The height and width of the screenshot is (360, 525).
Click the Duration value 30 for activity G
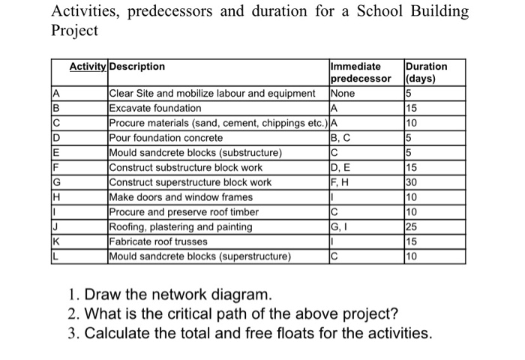click(411, 182)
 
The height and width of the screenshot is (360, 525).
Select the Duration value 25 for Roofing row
click(411, 227)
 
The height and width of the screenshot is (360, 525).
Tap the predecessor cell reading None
click(343, 94)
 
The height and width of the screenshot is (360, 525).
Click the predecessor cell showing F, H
click(340, 182)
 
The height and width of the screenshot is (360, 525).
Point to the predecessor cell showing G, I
click(339, 227)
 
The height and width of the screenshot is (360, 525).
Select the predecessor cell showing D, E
click(340, 168)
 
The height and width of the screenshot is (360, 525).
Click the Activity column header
click(88, 67)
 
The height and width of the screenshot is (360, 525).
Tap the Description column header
click(137, 67)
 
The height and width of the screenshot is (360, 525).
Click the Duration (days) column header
click(425, 72)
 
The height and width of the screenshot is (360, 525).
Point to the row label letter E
click(57, 153)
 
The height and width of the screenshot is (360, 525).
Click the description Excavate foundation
click(155, 109)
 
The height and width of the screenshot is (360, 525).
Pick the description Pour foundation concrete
click(165, 138)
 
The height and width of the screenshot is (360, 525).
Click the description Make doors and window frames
click(181, 197)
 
